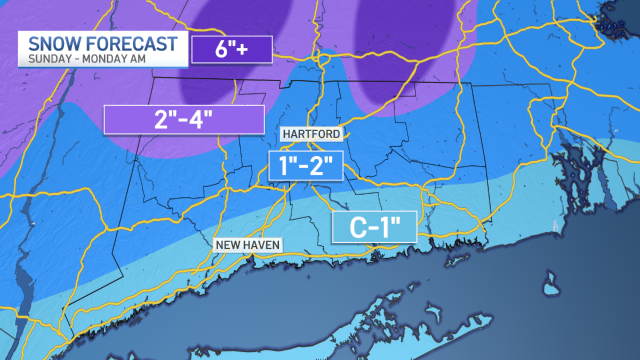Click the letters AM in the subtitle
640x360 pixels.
point(133,58)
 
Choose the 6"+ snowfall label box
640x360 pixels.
point(232,50)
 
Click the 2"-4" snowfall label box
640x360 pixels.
point(184,119)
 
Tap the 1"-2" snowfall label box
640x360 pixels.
point(305,165)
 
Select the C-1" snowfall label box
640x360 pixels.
point(374,227)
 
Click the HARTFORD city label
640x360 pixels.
point(311,134)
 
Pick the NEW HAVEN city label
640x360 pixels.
point(247,245)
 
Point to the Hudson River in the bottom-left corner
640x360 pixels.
point(20,299)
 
